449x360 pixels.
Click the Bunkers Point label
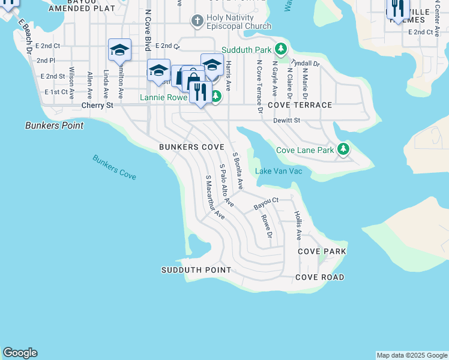(54, 125)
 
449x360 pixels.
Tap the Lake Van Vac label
(279, 172)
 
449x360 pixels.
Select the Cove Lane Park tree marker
(343, 149)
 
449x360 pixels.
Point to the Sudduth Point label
(196, 270)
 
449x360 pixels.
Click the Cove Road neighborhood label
(319, 277)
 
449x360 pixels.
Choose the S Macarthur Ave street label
(215, 197)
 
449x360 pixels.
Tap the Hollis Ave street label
(298, 225)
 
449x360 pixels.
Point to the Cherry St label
(97, 105)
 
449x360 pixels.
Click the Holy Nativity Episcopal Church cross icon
(196, 22)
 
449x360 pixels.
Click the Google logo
(20, 353)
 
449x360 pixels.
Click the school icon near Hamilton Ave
(119, 50)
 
